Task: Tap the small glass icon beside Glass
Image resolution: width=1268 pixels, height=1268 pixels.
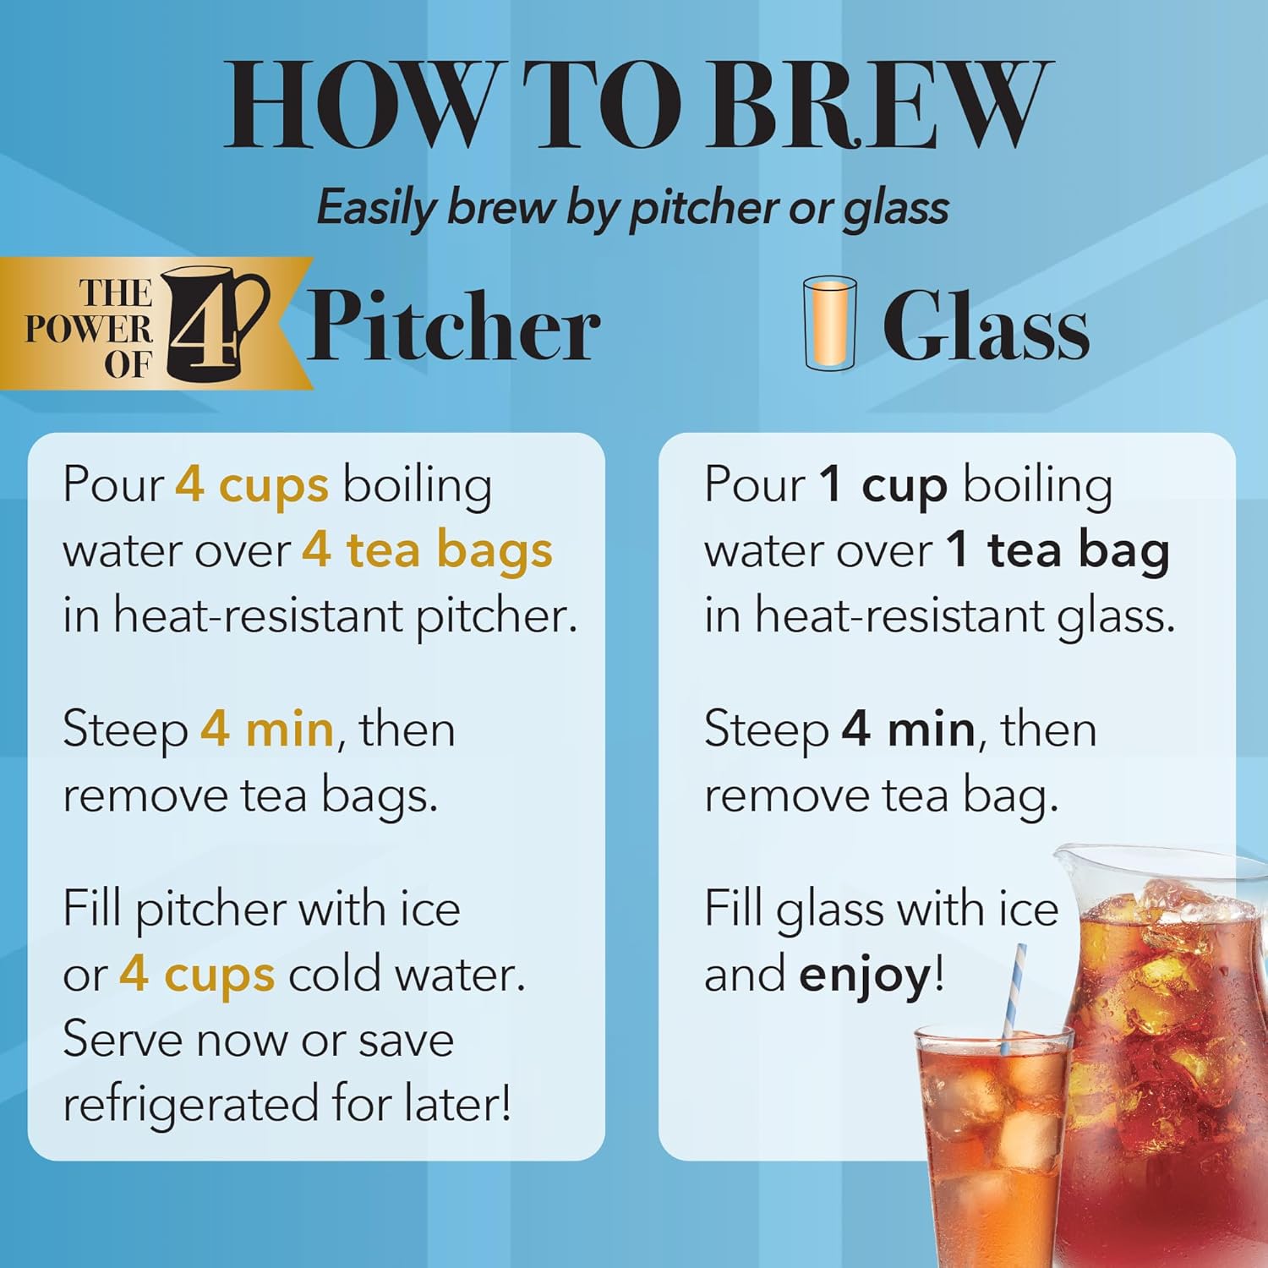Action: click(829, 323)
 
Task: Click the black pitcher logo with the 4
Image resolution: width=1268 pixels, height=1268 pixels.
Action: click(211, 324)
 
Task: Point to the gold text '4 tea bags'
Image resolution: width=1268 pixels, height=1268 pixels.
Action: click(427, 550)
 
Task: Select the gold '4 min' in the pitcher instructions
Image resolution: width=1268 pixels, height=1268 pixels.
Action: click(266, 729)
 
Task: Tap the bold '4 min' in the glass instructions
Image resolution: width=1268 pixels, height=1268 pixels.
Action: click(908, 729)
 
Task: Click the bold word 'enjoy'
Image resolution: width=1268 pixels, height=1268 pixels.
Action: click(865, 976)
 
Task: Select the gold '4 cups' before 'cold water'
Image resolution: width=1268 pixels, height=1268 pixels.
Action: click(197, 975)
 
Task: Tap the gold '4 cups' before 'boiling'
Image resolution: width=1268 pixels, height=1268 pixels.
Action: click(251, 486)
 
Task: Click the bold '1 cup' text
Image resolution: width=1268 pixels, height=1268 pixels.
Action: click(883, 486)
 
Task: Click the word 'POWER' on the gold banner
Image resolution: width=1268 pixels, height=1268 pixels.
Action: click(89, 329)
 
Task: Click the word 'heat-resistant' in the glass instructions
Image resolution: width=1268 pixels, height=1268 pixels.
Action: click(899, 615)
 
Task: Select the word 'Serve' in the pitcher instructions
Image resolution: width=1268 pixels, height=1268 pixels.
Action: click(122, 1040)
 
